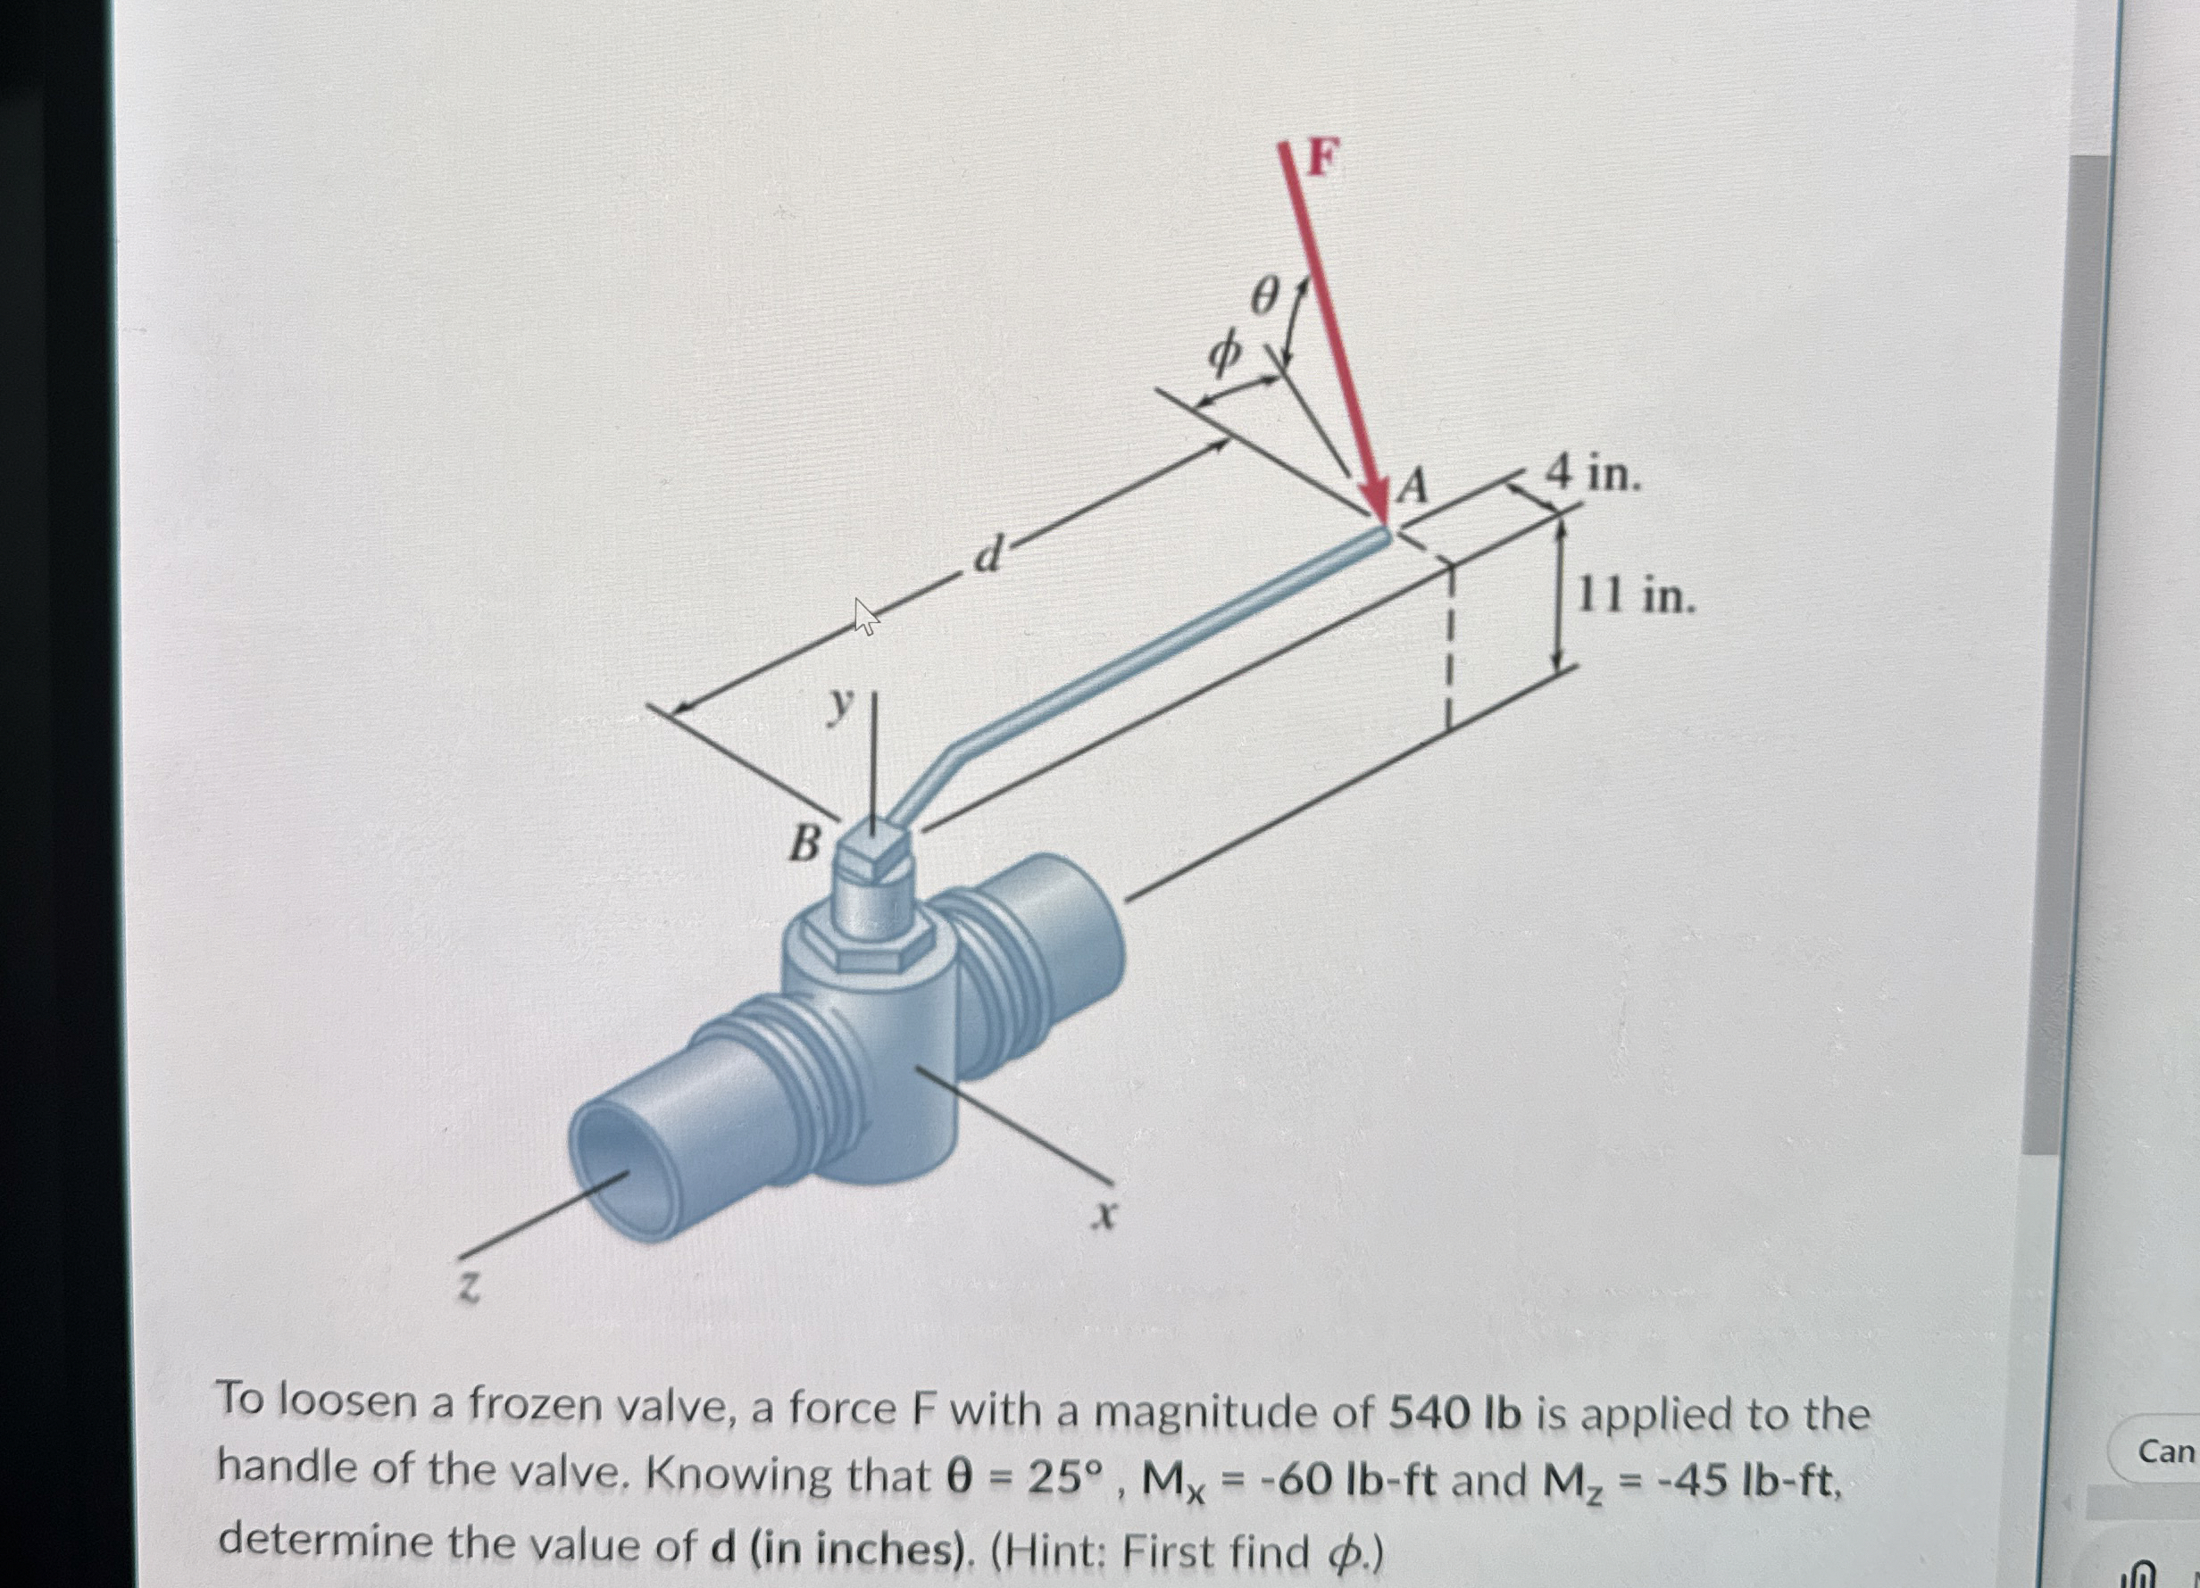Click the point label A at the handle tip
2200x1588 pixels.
(x=1412, y=486)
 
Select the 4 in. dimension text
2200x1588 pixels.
(x=1592, y=474)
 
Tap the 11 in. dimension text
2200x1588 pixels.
(x=1636, y=594)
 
